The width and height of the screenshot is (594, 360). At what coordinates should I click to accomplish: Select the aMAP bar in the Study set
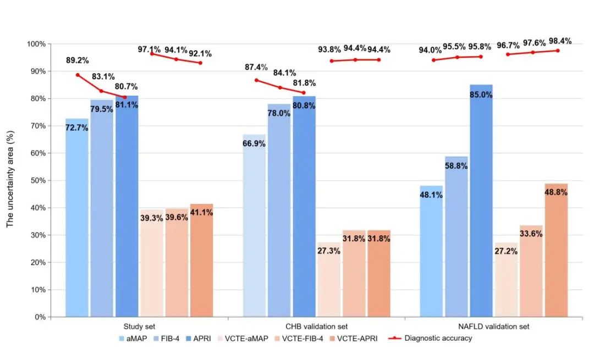coord(76,220)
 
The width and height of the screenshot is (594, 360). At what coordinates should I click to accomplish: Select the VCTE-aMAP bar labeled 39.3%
coord(152,264)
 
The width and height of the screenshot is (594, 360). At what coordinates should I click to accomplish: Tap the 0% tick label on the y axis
coord(40,317)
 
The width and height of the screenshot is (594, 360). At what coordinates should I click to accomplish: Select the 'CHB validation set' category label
coord(316,326)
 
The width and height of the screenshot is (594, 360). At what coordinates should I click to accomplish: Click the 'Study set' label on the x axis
coord(139,326)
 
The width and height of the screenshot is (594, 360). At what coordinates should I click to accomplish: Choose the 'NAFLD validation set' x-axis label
coord(494,326)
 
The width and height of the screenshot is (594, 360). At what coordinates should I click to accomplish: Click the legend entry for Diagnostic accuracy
coord(438,339)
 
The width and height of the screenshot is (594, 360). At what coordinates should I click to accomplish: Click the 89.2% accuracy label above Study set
coord(77,60)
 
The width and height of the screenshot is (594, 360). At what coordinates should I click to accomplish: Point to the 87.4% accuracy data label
coord(256,68)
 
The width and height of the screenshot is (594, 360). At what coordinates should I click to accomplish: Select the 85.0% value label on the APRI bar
coord(481,95)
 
